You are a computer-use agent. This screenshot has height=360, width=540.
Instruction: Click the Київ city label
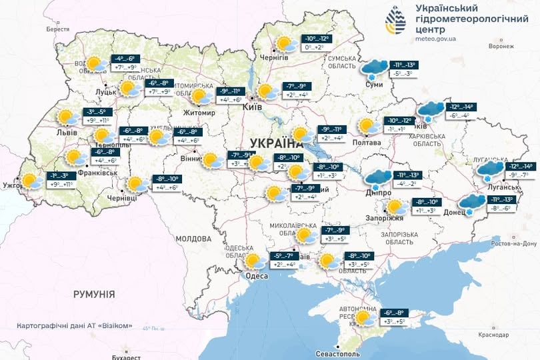253,107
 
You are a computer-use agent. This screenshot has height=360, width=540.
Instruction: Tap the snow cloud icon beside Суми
375,69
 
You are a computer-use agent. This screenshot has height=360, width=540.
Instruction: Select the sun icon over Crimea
364,317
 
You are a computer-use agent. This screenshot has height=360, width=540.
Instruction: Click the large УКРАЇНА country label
275,143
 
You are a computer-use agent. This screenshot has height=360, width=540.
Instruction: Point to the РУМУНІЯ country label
94,294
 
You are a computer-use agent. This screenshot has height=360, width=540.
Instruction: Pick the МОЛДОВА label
193,238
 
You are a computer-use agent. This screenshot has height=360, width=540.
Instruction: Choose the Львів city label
66,133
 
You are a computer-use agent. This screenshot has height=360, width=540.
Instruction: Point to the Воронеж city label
501,47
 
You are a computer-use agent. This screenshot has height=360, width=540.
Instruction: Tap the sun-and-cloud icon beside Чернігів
287,44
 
